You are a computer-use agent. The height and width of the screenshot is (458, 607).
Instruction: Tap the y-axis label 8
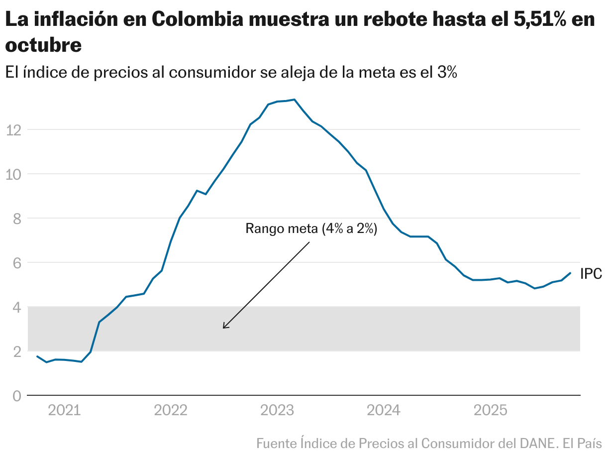click(x=16, y=219)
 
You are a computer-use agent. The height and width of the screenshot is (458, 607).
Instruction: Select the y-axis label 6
click(x=16, y=263)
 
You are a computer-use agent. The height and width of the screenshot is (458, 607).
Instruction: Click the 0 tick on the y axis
click(x=16, y=396)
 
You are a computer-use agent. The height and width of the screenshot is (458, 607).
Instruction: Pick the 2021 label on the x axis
click(x=64, y=411)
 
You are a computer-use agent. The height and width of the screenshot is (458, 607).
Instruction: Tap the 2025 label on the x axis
click(x=490, y=411)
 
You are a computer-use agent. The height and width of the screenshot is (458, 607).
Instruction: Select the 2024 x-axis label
click(x=383, y=411)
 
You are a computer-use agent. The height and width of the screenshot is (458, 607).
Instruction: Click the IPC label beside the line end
click(x=591, y=274)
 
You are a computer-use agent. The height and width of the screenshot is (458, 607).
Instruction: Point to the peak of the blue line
click(x=295, y=100)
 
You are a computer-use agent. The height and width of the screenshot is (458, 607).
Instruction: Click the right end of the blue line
click(x=570, y=273)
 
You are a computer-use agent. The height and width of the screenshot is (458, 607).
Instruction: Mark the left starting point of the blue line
click(x=37, y=356)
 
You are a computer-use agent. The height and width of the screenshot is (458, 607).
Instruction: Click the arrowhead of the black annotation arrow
click(x=224, y=327)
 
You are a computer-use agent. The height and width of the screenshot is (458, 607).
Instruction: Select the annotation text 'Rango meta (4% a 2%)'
click(x=311, y=229)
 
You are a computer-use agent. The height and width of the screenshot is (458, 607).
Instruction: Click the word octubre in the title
click(x=43, y=45)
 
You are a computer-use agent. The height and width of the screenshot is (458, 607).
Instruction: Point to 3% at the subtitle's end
click(x=446, y=72)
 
